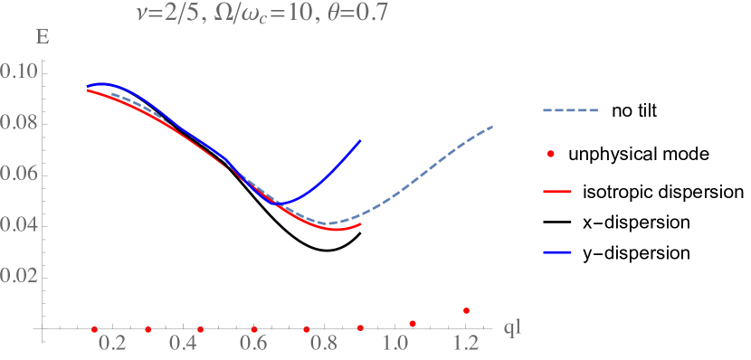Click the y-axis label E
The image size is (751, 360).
click(42, 39)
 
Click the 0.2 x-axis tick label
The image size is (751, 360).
click(113, 345)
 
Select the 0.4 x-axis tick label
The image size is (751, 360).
click(183, 345)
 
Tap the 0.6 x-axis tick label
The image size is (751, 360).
click(253, 345)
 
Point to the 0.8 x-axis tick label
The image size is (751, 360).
click(324, 345)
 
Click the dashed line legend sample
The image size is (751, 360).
click(571, 111)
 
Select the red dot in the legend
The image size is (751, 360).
click(550, 154)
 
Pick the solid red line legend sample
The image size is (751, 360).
click(557, 192)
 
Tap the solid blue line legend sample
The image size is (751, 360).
click(557, 252)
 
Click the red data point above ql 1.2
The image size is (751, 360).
click(466, 310)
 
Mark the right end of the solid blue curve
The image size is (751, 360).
click(361, 140)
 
